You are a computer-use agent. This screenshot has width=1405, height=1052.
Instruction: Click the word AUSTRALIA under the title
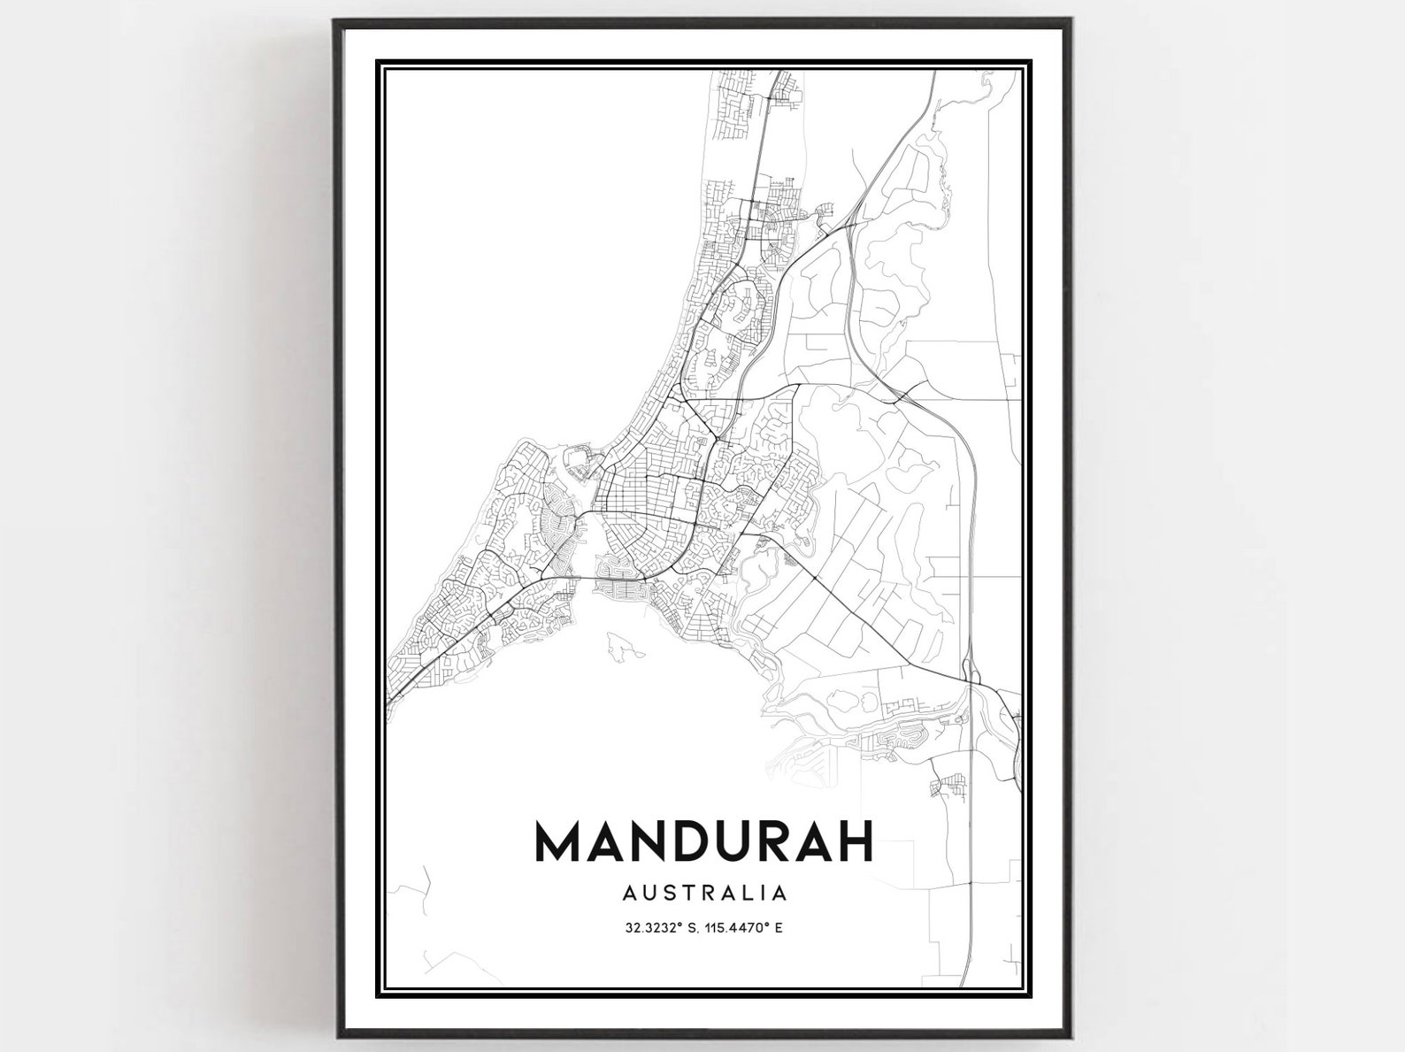pos(704,892)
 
